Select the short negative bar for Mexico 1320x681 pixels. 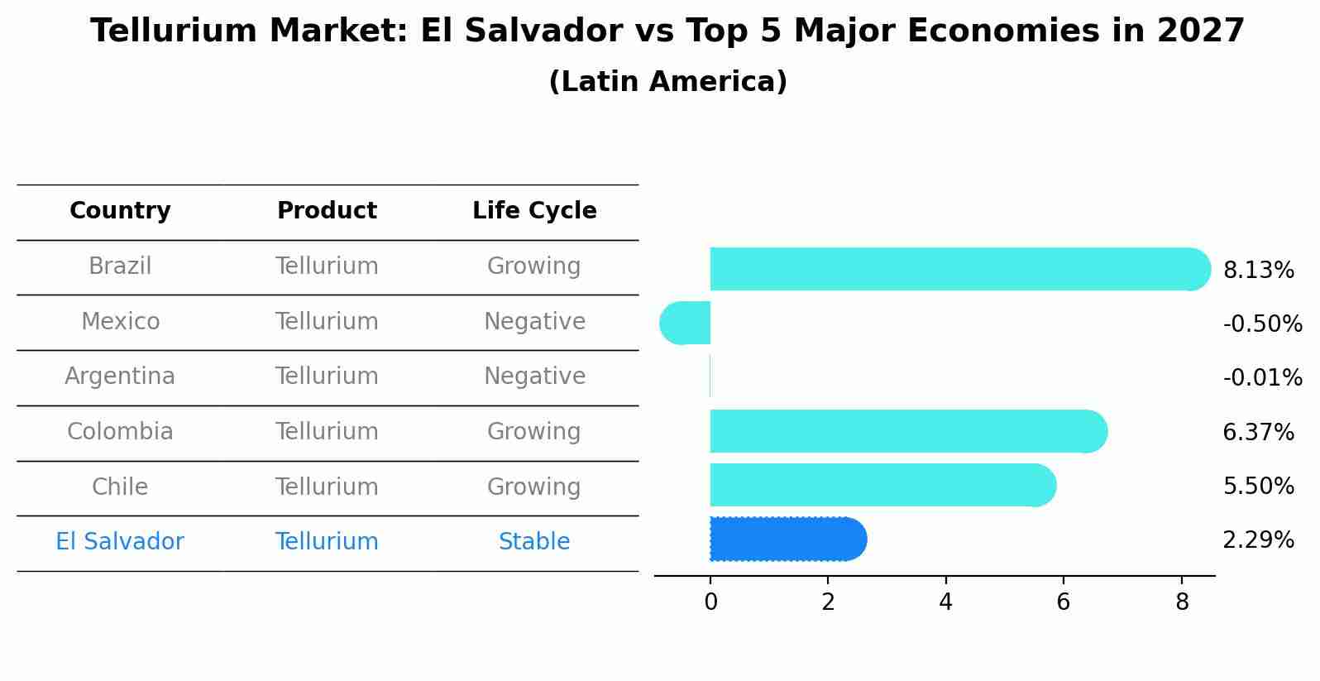pos(686,323)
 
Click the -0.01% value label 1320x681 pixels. pos(1262,378)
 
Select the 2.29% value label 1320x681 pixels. pos(1258,540)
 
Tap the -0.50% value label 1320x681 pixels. pos(1262,324)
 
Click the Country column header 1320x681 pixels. pos(120,211)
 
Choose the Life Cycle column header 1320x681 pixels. pos(534,211)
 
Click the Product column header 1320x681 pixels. pos(327,211)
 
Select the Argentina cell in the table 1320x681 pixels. pos(120,376)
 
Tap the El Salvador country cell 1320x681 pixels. pos(120,542)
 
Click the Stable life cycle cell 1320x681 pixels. pos(534,542)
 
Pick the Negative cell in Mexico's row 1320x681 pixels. pos(534,321)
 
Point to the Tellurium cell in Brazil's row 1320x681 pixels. pos(327,266)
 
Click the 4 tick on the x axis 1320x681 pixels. pos(945,602)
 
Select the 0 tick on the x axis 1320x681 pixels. pos(710,602)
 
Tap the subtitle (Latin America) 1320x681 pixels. pos(667,82)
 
